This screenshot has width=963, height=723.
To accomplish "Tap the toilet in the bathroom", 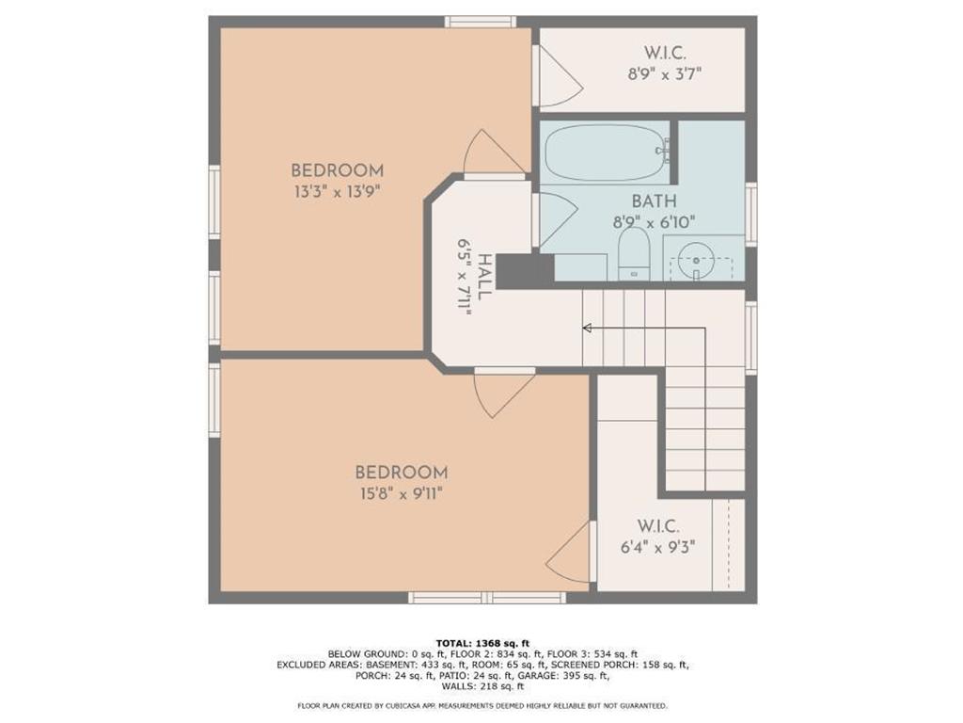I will click(x=634, y=254).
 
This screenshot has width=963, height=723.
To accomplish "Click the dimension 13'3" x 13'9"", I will click(x=337, y=191).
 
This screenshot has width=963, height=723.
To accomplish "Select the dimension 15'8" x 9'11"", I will click(x=401, y=493).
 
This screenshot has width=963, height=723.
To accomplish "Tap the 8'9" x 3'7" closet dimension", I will click(x=666, y=72).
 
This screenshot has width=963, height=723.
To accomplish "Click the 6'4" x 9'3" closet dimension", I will click(x=657, y=545).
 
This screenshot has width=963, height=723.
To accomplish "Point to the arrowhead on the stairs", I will click(x=587, y=328).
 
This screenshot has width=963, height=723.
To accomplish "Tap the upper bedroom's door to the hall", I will click(x=492, y=154).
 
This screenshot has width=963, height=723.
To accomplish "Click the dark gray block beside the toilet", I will click(x=524, y=271).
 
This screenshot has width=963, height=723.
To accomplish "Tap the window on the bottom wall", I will click(x=487, y=597).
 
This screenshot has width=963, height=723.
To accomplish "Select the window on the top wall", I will click(x=480, y=22).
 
